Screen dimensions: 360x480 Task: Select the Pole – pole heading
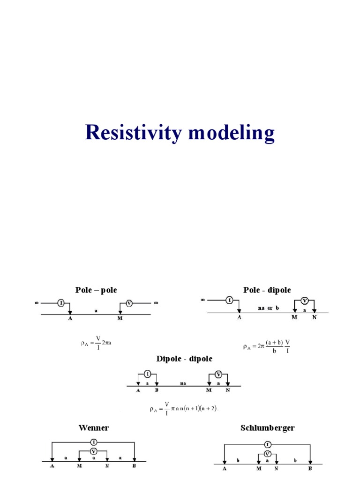pos(96,290)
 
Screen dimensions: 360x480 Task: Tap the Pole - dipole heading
pos(267,290)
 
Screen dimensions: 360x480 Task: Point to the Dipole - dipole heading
pos(184,359)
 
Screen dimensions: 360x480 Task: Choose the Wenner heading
pos(93,427)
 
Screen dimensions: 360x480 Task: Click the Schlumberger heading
pos(268,427)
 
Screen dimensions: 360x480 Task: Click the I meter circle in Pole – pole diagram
pos(61,303)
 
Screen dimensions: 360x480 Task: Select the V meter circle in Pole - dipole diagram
pos(304,300)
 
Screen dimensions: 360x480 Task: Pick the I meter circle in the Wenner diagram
pos(93,442)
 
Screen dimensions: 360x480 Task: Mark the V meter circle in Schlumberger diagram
pos(267,454)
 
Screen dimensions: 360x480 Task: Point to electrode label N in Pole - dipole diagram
pos(315,317)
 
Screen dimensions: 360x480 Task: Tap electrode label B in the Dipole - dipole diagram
pos(157,390)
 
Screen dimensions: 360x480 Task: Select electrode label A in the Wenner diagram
pos(52,466)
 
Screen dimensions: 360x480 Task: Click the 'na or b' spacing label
pos(268,308)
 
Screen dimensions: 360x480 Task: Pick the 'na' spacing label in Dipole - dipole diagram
pos(183,383)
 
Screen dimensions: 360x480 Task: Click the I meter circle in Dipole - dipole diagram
pos(148,374)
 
